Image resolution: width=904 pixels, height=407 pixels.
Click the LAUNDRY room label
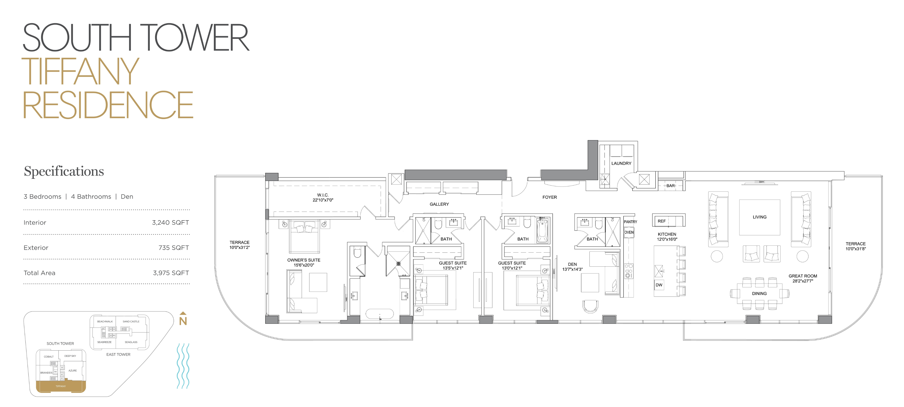(x=621, y=163)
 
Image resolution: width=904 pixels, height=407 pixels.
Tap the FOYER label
(x=550, y=197)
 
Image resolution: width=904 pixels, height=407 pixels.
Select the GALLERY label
(x=439, y=204)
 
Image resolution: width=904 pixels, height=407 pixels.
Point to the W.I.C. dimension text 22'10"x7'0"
(x=323, y=200)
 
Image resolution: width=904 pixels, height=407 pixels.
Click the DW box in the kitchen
(x=659, y=285)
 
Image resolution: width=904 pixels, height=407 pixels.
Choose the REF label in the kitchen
(x=661, y=221)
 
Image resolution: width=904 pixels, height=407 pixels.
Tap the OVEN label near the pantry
(x=629, y=232)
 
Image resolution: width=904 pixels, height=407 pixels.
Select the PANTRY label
(x=630, y=222)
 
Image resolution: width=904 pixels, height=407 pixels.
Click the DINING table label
(x=759, y=294)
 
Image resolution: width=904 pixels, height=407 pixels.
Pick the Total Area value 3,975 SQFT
(x=171, y=273)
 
